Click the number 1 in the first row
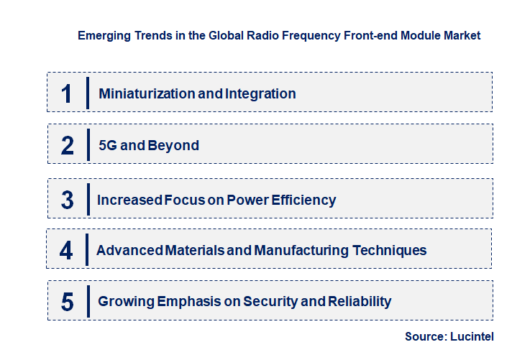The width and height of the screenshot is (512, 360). pyautogui.click(x=67, y=93)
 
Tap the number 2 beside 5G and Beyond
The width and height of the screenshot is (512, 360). pyautogui.click(x=67, y=146)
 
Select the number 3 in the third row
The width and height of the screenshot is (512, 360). pyautogui.click(x=67, y=200)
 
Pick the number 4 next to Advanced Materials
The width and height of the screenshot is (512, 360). pyautogui.click(x=67, y=251)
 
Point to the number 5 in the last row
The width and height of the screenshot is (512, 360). pyautogui.click(x=67, y=302)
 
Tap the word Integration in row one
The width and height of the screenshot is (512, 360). pyautogui.click(x=260, y=93)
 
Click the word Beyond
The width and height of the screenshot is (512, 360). pyautogui.click(x=173, y=146)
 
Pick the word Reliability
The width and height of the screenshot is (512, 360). pyautogui.click(x=360, y=302)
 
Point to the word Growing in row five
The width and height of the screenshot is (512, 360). pyautogui.click(x=124, y=302)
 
